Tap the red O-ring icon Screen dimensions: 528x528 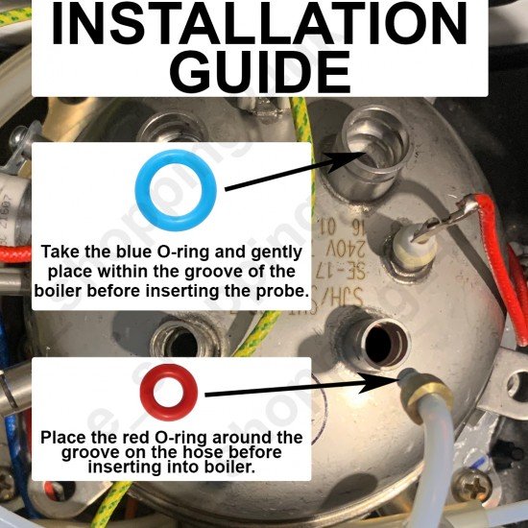(x=170, y=390)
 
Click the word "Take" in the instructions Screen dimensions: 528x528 (x=59, y=252)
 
